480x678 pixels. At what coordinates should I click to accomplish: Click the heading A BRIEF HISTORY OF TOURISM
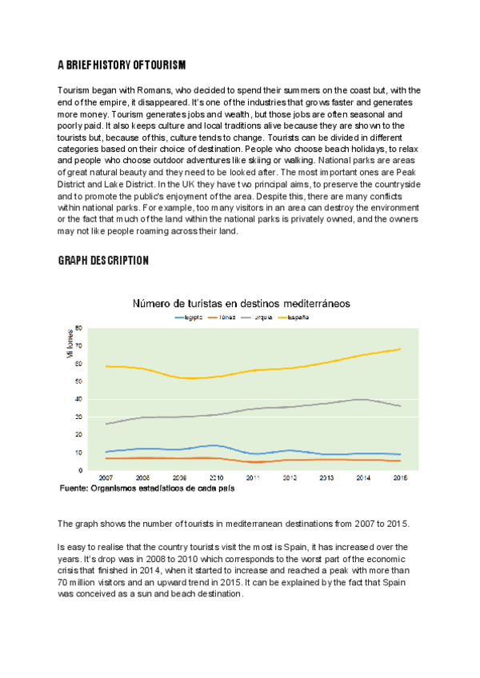point(122,65)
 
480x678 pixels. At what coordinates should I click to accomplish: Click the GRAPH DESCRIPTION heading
point(103,261)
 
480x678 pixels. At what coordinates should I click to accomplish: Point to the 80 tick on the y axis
point(78,328)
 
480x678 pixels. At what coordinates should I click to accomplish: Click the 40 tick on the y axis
point(78,399)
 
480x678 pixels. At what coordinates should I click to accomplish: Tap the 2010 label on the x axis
point(217,477)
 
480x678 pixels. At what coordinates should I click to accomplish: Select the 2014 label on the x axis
point(362,477)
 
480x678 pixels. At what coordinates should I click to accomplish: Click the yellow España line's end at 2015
point(400,349)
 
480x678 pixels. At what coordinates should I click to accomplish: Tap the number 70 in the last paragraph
point(65,583)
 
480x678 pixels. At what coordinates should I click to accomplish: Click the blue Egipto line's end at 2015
point(400,454)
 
